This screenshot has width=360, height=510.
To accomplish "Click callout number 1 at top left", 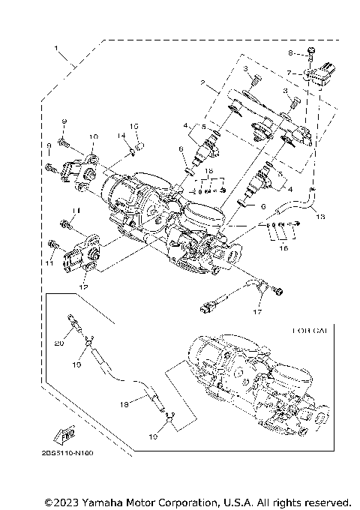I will [x=55, y=49].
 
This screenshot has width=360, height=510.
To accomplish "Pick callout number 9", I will [x=49, y=145].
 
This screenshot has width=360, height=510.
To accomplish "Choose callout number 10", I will [x=94, y=137].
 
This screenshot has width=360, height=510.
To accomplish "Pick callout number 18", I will [x=124, y=403].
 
